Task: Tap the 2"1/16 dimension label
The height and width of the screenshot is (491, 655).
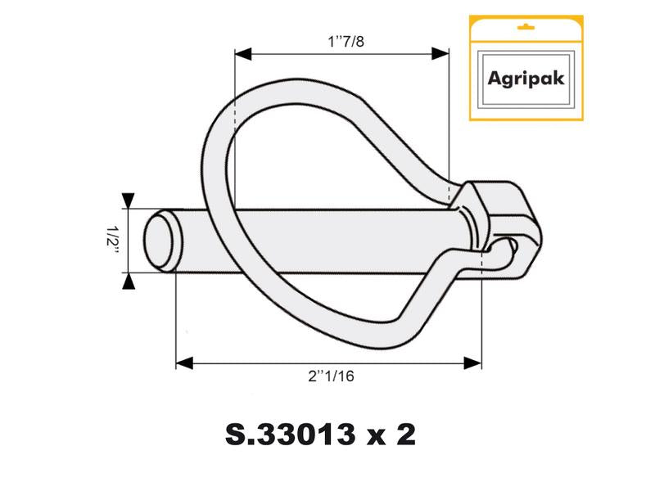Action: point(330,377)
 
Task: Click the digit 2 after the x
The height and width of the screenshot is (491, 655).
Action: point(404,435)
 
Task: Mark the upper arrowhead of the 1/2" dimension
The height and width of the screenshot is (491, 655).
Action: point(128,200)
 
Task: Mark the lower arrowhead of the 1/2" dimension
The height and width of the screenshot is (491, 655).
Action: point(128,282)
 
